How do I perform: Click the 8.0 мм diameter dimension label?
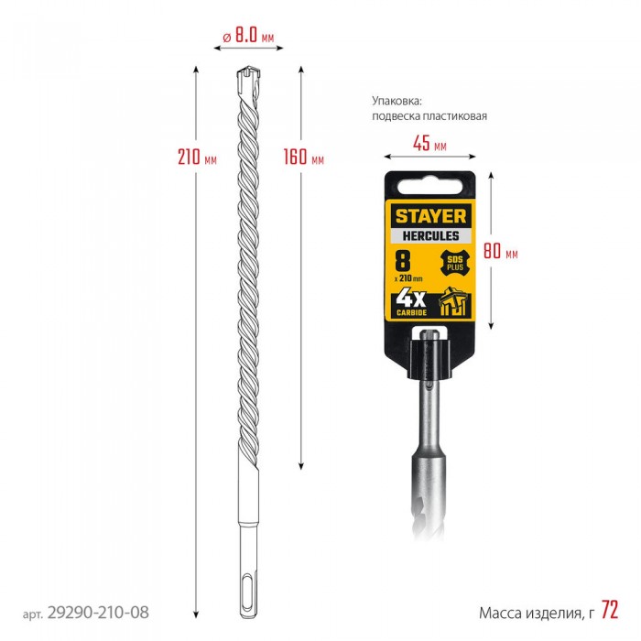pyautogui.click(x=248, y=36)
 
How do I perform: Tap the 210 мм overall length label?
pyautogui.click(x=197, y=157)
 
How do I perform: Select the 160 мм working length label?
pyautogui.click(x=304, y=157)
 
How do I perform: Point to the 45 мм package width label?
pyautogui.click(x=429, y=143)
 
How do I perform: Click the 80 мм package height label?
pyautogui.click(x=500, y=251)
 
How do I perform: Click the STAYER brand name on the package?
pyautogui.click(x=430, y=216)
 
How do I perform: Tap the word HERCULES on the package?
pyautogui.click(x=430, y=236)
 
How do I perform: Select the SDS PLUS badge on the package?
pyautogui.click(x=454, y=263)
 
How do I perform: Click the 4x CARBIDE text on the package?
pyautogui.click(x=411, y=303)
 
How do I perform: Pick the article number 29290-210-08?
pyautogui.click(x=98, y=613)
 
